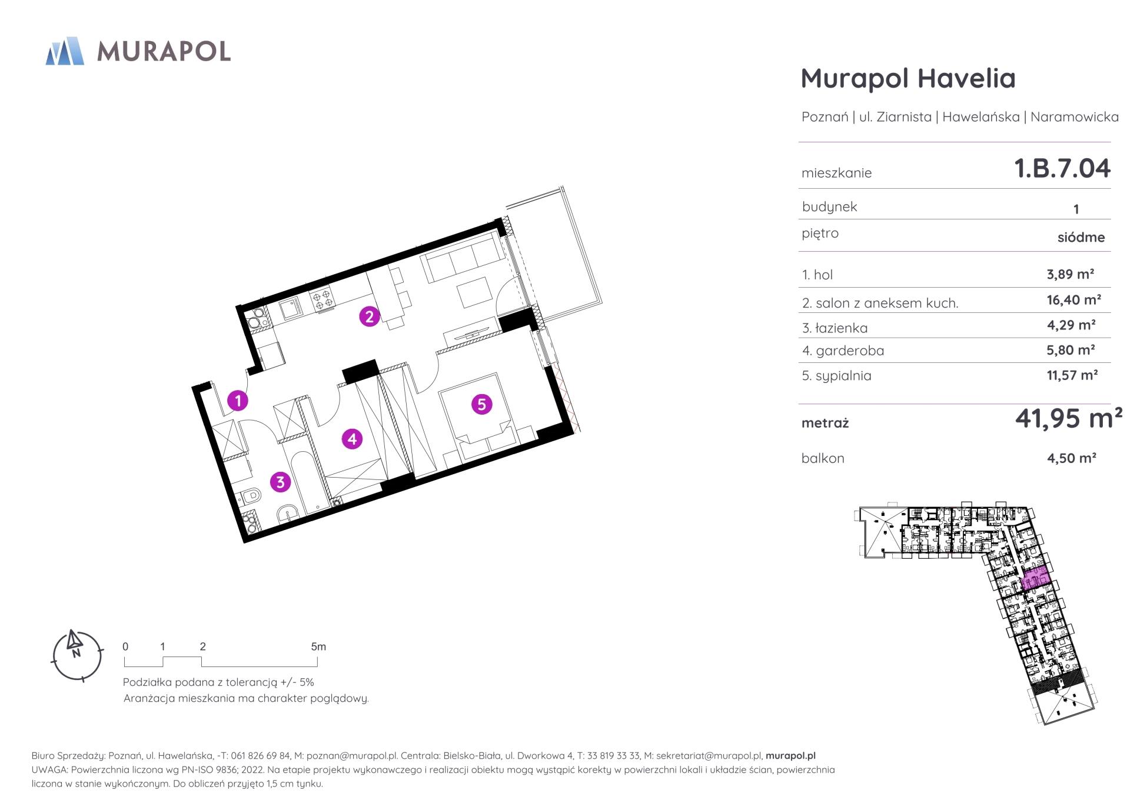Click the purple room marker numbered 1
click(x=238, y=401)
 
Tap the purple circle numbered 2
click(x=370, y=316)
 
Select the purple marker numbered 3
click(x=280, y=482)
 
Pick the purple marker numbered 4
click(x=352, y=439)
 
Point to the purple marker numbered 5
click(x=481, y=404)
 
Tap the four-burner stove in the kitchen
click(x=322, y=299)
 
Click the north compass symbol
click(x=77, y=655)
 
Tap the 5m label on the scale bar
click(x=318, y=646)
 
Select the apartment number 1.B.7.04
click(x=1062, y=168)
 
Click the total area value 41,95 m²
click(x=1068, y=418)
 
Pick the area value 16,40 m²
click(x=1073, y=300)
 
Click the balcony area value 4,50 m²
click(x=1071, y=458)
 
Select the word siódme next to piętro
click(x=1081, y=238)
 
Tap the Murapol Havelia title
click(x=908, y=78)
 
